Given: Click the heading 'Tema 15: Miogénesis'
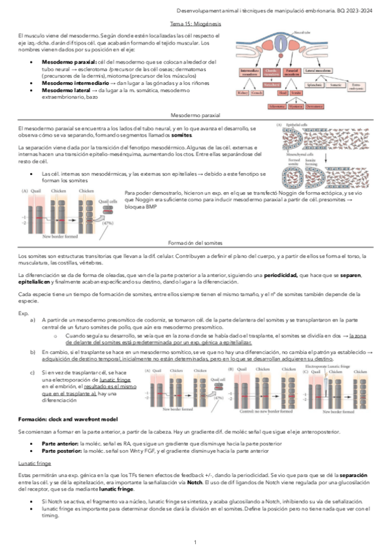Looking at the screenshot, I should coord(195,22).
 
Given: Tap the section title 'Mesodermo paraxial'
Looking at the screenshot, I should coord(195,114).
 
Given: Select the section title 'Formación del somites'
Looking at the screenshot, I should coord(195,242).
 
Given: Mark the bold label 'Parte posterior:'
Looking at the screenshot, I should coord(61,450).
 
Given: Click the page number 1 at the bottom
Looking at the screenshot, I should coord(195,542).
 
